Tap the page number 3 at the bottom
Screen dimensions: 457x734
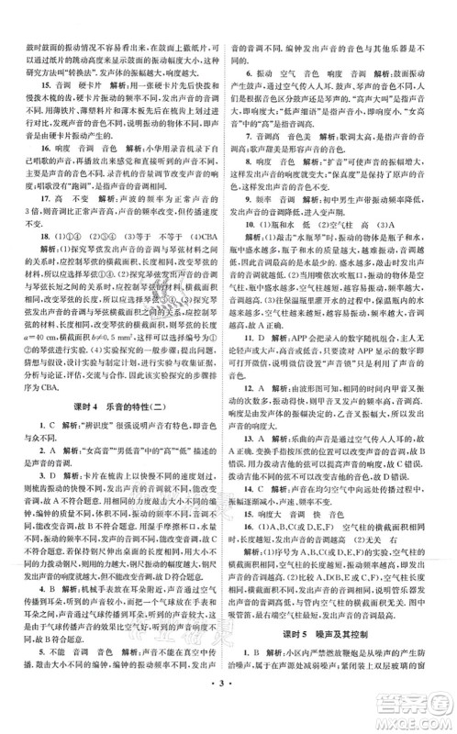coord(228,713)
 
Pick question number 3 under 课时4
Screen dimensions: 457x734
coord(33,478)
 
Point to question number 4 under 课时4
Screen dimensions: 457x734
coord(33,587)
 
